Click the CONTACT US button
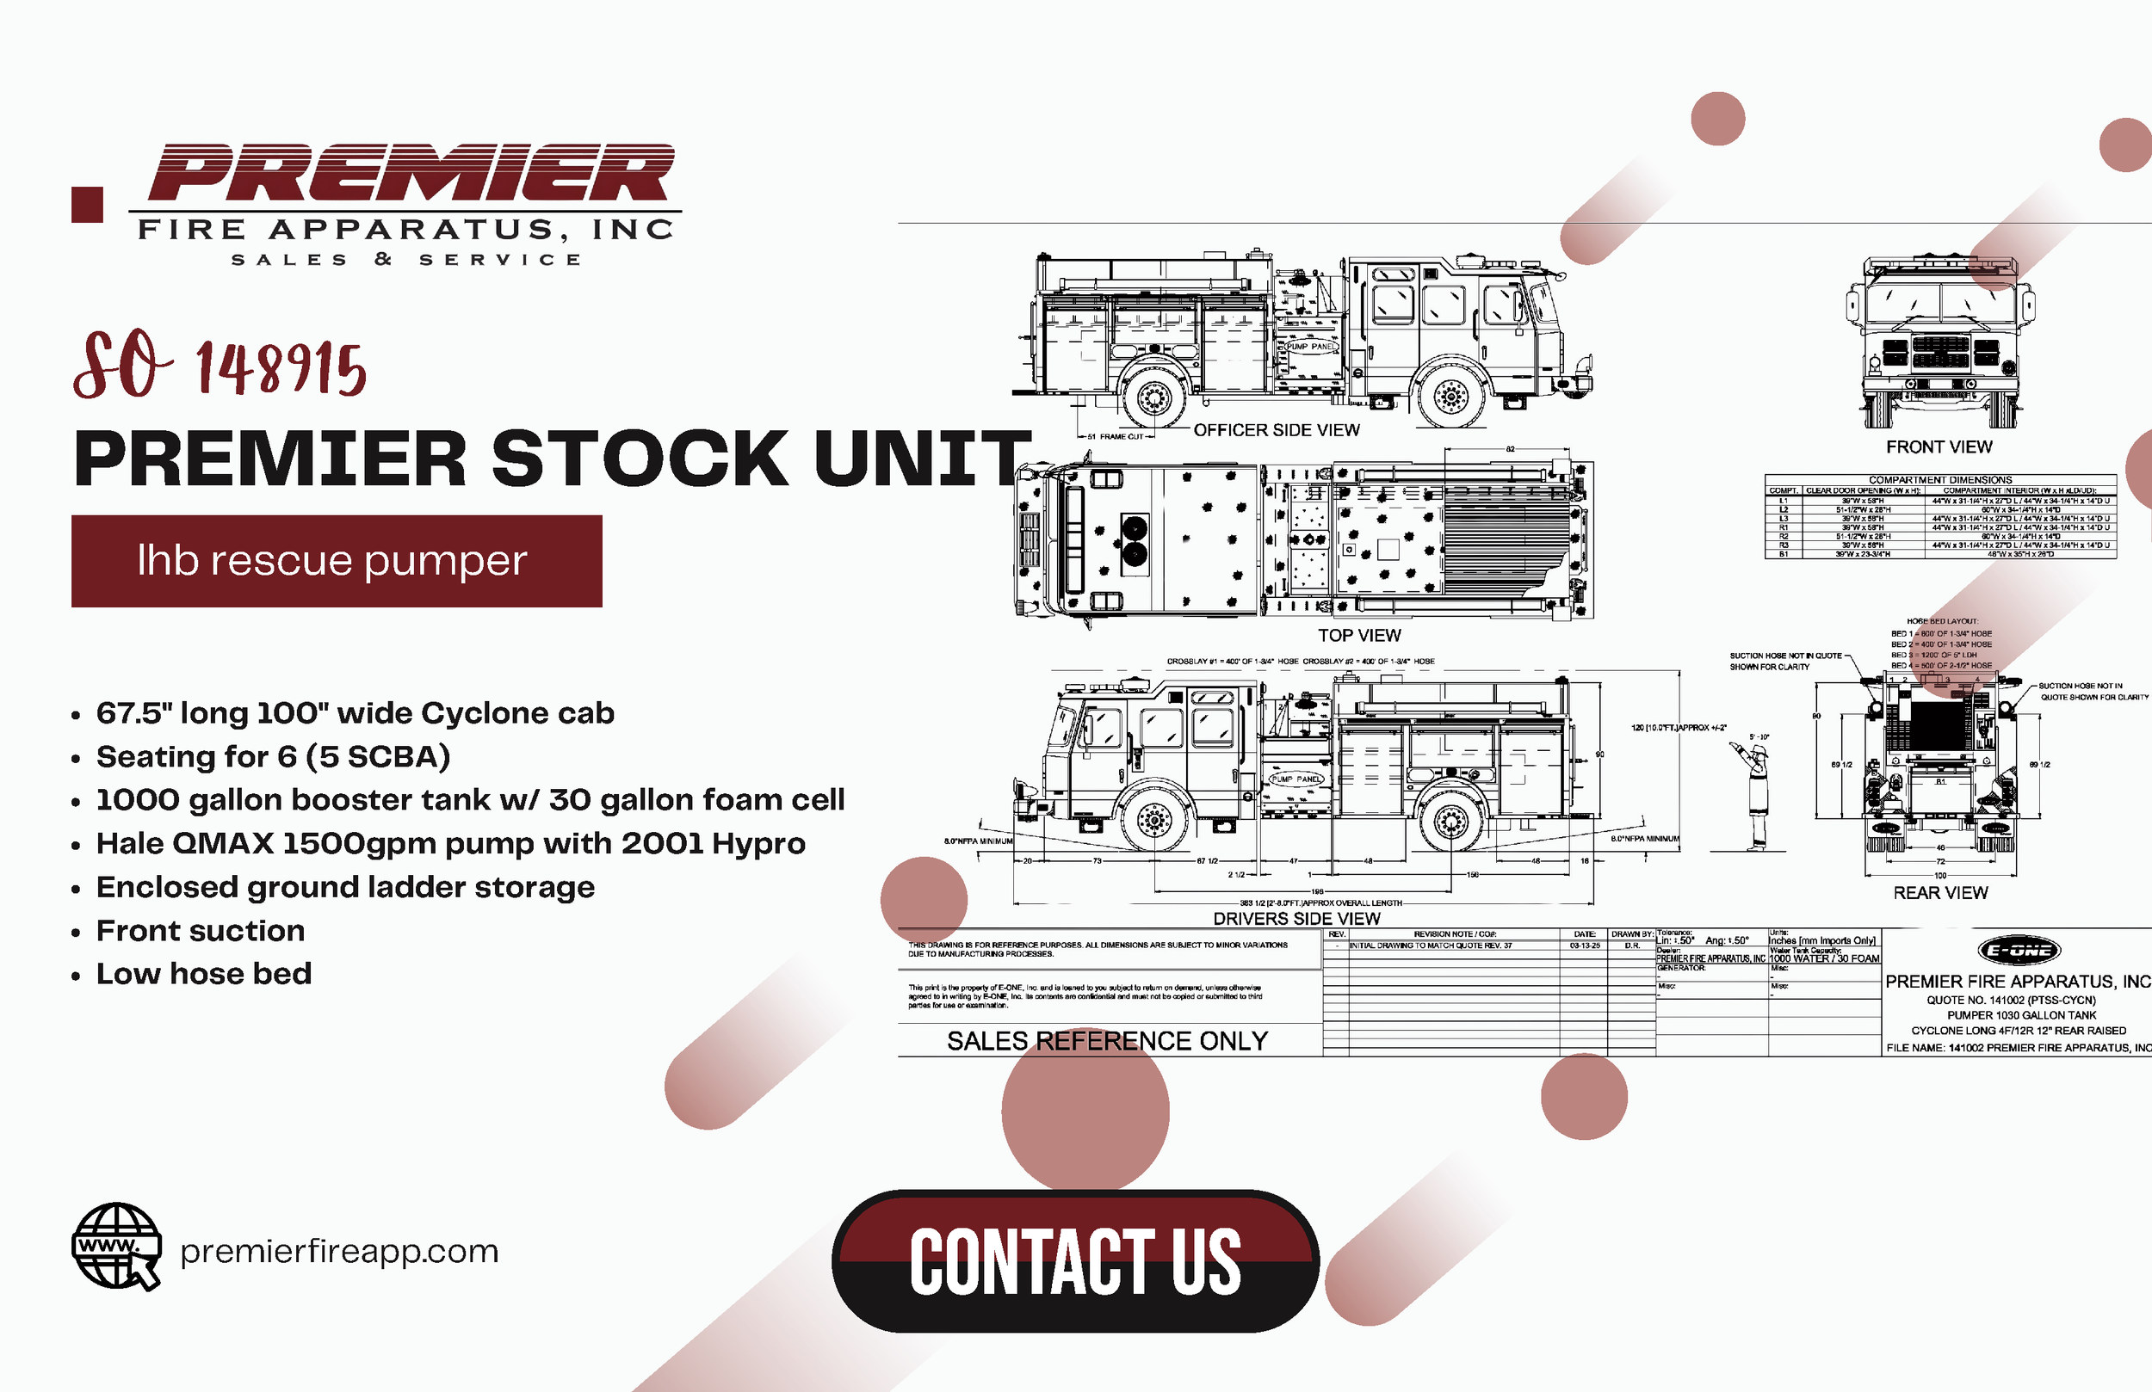point(1075,1260)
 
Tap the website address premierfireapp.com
point(339,1251)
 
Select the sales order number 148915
point(281,369)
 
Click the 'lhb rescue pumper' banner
point(337,560)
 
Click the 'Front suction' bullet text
point(201,930)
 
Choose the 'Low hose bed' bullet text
point(204,974)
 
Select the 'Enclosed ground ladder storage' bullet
point(345,887)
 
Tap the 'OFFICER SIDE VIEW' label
point(1276,430)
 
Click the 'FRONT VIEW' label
point(1939,447)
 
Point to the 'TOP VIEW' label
point(1358,636)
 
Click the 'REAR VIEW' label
point(1940,893)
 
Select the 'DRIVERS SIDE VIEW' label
point(1296,918)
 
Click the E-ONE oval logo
point(2019,950)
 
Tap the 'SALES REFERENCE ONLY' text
point(1107,1041)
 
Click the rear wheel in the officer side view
point(1153,396)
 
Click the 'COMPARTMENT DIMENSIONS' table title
point(1940,480)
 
